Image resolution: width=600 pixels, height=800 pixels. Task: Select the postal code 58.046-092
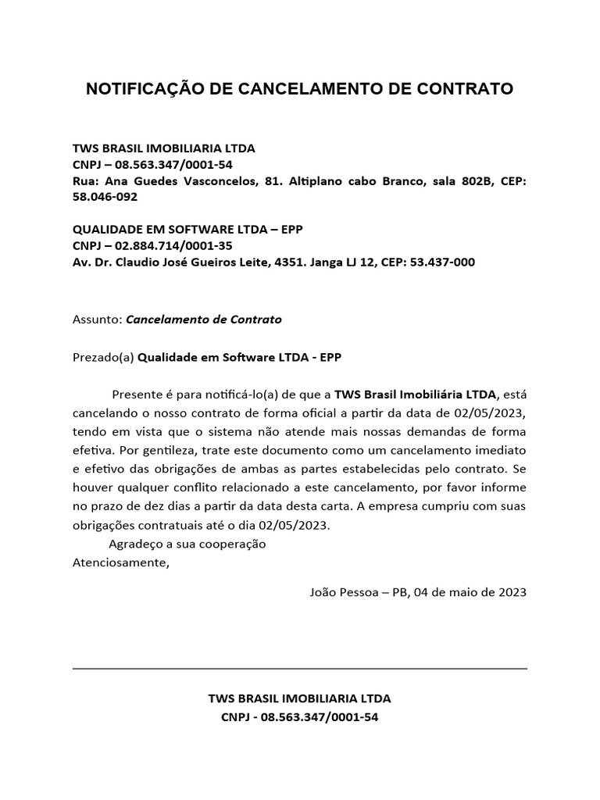pyautogui.click(x=105, y=197)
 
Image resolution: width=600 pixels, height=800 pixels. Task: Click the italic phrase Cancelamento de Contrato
pyautogui.click(x=204, y=320)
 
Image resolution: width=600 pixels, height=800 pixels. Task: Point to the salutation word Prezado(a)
pyautogui.click(x=103, y=357)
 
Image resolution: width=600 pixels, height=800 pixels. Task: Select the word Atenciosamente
pyautogui.click(x=120, y=560)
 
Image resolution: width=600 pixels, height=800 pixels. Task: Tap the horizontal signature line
pyautogui.click(x=300, y=669)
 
